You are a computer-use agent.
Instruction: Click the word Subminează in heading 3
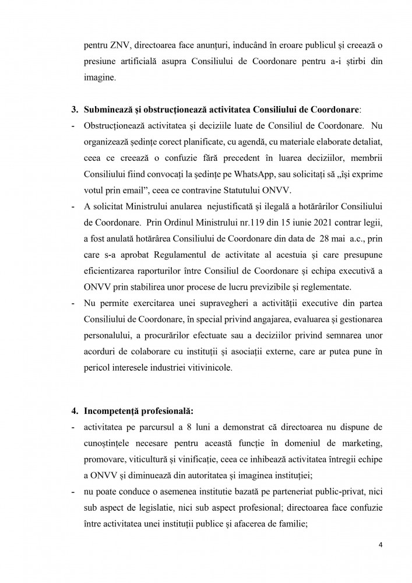tap(110, 109)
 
